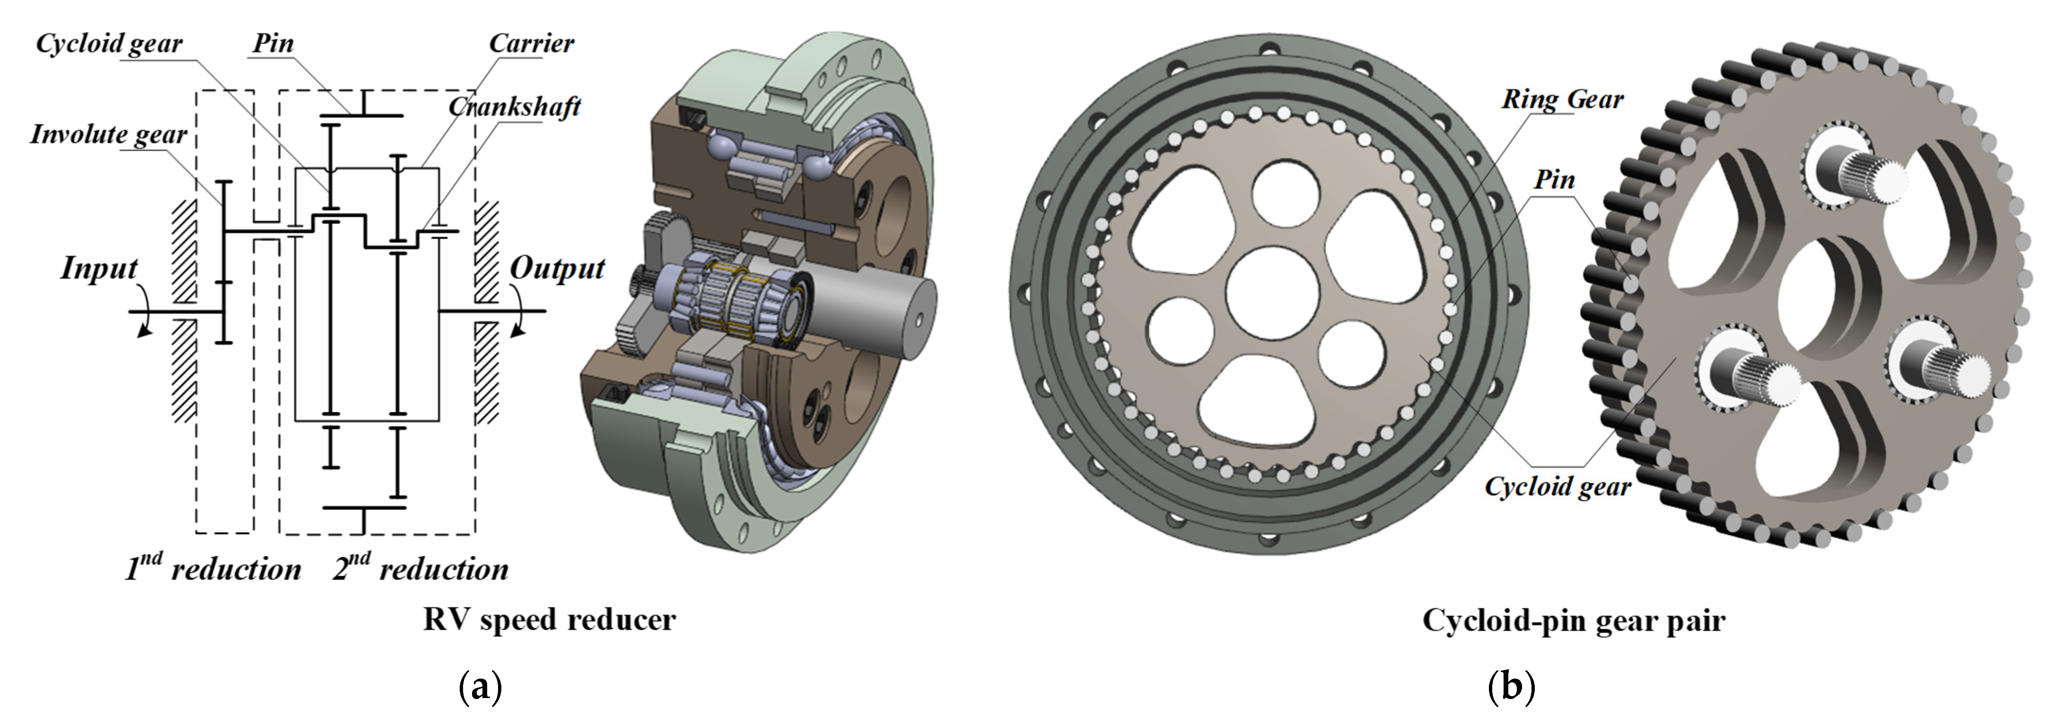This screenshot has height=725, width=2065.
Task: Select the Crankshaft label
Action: point(515,106)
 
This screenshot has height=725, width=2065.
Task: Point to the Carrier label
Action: point(532,44)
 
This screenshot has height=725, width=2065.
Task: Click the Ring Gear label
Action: point(1562,99)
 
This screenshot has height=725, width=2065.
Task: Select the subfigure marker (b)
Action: point(1511,688)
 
